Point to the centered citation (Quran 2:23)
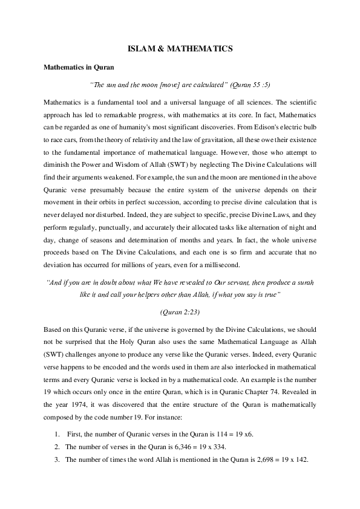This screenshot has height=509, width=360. point(180,312)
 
